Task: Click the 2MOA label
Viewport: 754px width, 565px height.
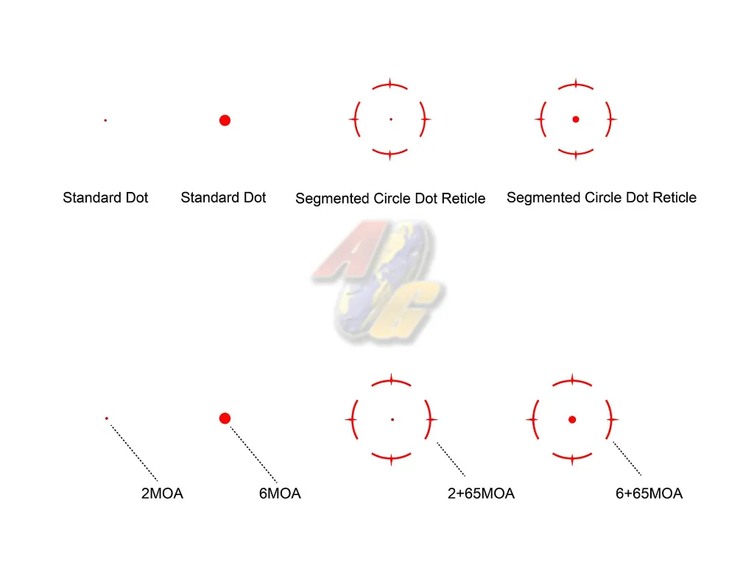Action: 162,494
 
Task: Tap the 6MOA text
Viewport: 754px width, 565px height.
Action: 280,494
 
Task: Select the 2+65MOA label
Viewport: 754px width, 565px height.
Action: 481,494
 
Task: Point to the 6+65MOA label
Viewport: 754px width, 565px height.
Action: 649,494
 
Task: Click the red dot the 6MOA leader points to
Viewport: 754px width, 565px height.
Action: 225,419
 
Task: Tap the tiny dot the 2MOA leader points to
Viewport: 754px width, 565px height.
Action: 107,419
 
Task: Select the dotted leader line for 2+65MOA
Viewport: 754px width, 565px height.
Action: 451,459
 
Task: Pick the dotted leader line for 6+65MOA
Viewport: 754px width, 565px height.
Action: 627,458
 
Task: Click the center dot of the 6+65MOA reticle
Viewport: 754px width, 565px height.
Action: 572,420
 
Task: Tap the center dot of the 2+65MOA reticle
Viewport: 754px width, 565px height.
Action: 392,420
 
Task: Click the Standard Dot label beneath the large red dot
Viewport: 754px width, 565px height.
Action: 223,197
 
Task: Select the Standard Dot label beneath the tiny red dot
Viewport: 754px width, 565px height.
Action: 105,197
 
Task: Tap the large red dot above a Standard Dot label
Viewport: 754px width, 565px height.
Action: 225,120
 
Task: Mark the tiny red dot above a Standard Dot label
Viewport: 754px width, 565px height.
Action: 105,120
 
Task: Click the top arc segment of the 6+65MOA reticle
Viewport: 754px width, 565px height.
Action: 572,381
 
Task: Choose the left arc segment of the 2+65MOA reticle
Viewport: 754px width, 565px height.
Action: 354,420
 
